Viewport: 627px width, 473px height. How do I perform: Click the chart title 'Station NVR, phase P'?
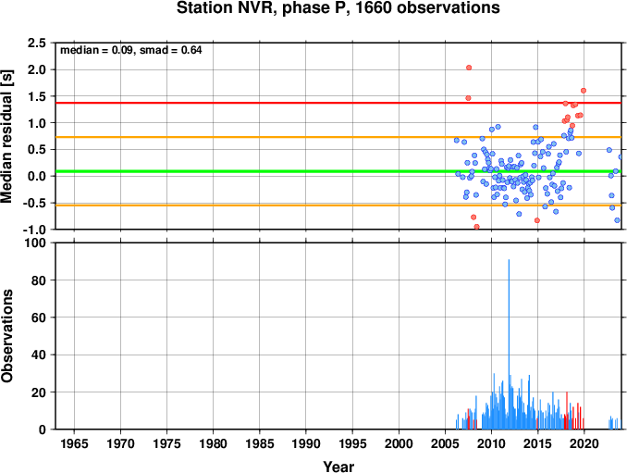[263, 8]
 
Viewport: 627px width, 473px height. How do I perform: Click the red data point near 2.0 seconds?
[469, 68]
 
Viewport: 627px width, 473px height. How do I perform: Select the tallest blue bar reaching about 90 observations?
[509, 344]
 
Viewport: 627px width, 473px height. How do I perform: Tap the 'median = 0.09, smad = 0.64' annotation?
[130, 50]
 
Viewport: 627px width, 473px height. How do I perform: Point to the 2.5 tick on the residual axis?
[36, 43]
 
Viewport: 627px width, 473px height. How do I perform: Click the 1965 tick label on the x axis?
[74, 443]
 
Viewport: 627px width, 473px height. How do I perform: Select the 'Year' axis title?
[338, 467]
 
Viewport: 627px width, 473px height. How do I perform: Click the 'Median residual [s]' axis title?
[6, 136]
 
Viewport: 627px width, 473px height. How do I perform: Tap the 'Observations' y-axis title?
[6, 336]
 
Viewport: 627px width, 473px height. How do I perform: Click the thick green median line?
[338, 171]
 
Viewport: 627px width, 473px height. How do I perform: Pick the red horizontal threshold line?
[338, 103]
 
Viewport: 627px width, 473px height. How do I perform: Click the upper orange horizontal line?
[338, 137]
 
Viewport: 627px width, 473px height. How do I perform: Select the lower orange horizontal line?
[338, 205]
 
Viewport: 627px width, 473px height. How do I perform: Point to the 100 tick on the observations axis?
[35, 243]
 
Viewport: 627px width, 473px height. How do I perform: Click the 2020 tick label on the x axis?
[584, 443]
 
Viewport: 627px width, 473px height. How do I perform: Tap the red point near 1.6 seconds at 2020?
[584, 91]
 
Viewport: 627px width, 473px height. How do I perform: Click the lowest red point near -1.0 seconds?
[476, 227]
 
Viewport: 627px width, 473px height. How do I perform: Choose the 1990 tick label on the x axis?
[306, 443]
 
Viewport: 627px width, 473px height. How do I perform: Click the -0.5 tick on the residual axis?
[35, 203]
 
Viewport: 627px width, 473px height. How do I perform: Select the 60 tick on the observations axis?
[39, 317]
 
